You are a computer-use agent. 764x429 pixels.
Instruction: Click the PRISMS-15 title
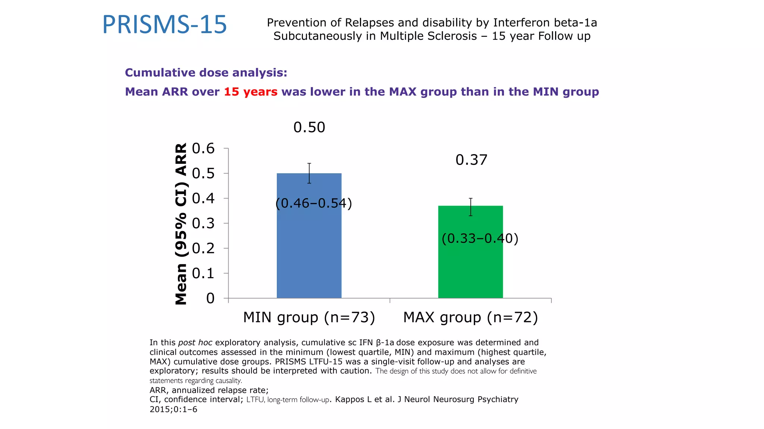[x=165, y=25]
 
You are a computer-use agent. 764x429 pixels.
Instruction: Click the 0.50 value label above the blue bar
[x=309, y=127]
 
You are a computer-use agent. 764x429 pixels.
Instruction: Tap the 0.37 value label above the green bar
[x=471, y=160]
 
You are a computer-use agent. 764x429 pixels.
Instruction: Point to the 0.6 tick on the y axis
[x=203, y=149]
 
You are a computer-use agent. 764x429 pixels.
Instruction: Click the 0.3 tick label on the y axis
[x=203, y=223]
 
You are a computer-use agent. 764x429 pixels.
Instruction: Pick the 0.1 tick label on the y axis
[x=203, y=273]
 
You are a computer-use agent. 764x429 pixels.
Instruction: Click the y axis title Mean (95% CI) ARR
[x=181, y=224]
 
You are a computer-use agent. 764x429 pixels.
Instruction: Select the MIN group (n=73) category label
[x=309, y=317]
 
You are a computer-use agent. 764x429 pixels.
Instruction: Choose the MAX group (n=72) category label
[x=470, y=317]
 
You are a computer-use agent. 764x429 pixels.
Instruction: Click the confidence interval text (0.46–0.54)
[x=314, y=203]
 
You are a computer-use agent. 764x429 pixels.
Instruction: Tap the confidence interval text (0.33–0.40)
[x=480, y=238]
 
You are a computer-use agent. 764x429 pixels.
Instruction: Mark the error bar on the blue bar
[x=309, y=173]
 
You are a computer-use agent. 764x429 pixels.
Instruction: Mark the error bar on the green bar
[x=471, y=207]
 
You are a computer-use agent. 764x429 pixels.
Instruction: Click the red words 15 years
[x=251, y=92]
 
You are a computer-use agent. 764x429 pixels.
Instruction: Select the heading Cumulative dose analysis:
[x=206, y=73]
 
